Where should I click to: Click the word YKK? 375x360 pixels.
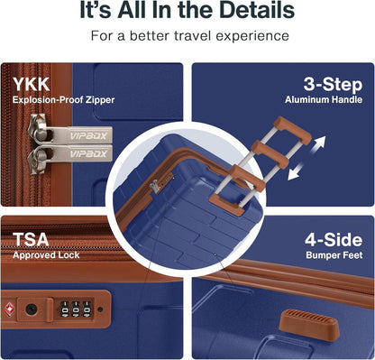click(32, 85)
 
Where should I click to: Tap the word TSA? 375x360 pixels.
click(31, 240)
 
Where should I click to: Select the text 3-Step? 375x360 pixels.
click(333, 85)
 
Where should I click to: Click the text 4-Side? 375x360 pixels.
click(334, 240)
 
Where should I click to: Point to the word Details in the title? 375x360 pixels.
click(257, 10)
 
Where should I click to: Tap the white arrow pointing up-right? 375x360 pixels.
click(318, 143)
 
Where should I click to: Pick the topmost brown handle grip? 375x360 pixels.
click(293, 130)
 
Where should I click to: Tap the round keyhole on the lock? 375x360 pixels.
click(32, 309)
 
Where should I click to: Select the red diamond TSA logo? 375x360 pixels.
click(10, 309)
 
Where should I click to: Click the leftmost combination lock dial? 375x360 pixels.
click(65, 309)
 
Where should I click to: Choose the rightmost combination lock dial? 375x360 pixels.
click(87, 309)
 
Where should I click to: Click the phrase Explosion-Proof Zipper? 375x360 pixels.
click(63, 100)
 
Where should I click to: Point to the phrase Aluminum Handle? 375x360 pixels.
click(324, 100)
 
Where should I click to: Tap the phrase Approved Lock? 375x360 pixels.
click(46, 255)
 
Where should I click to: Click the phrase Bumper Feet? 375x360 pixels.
click(334, 255)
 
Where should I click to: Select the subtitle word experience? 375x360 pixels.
click(252, 36)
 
